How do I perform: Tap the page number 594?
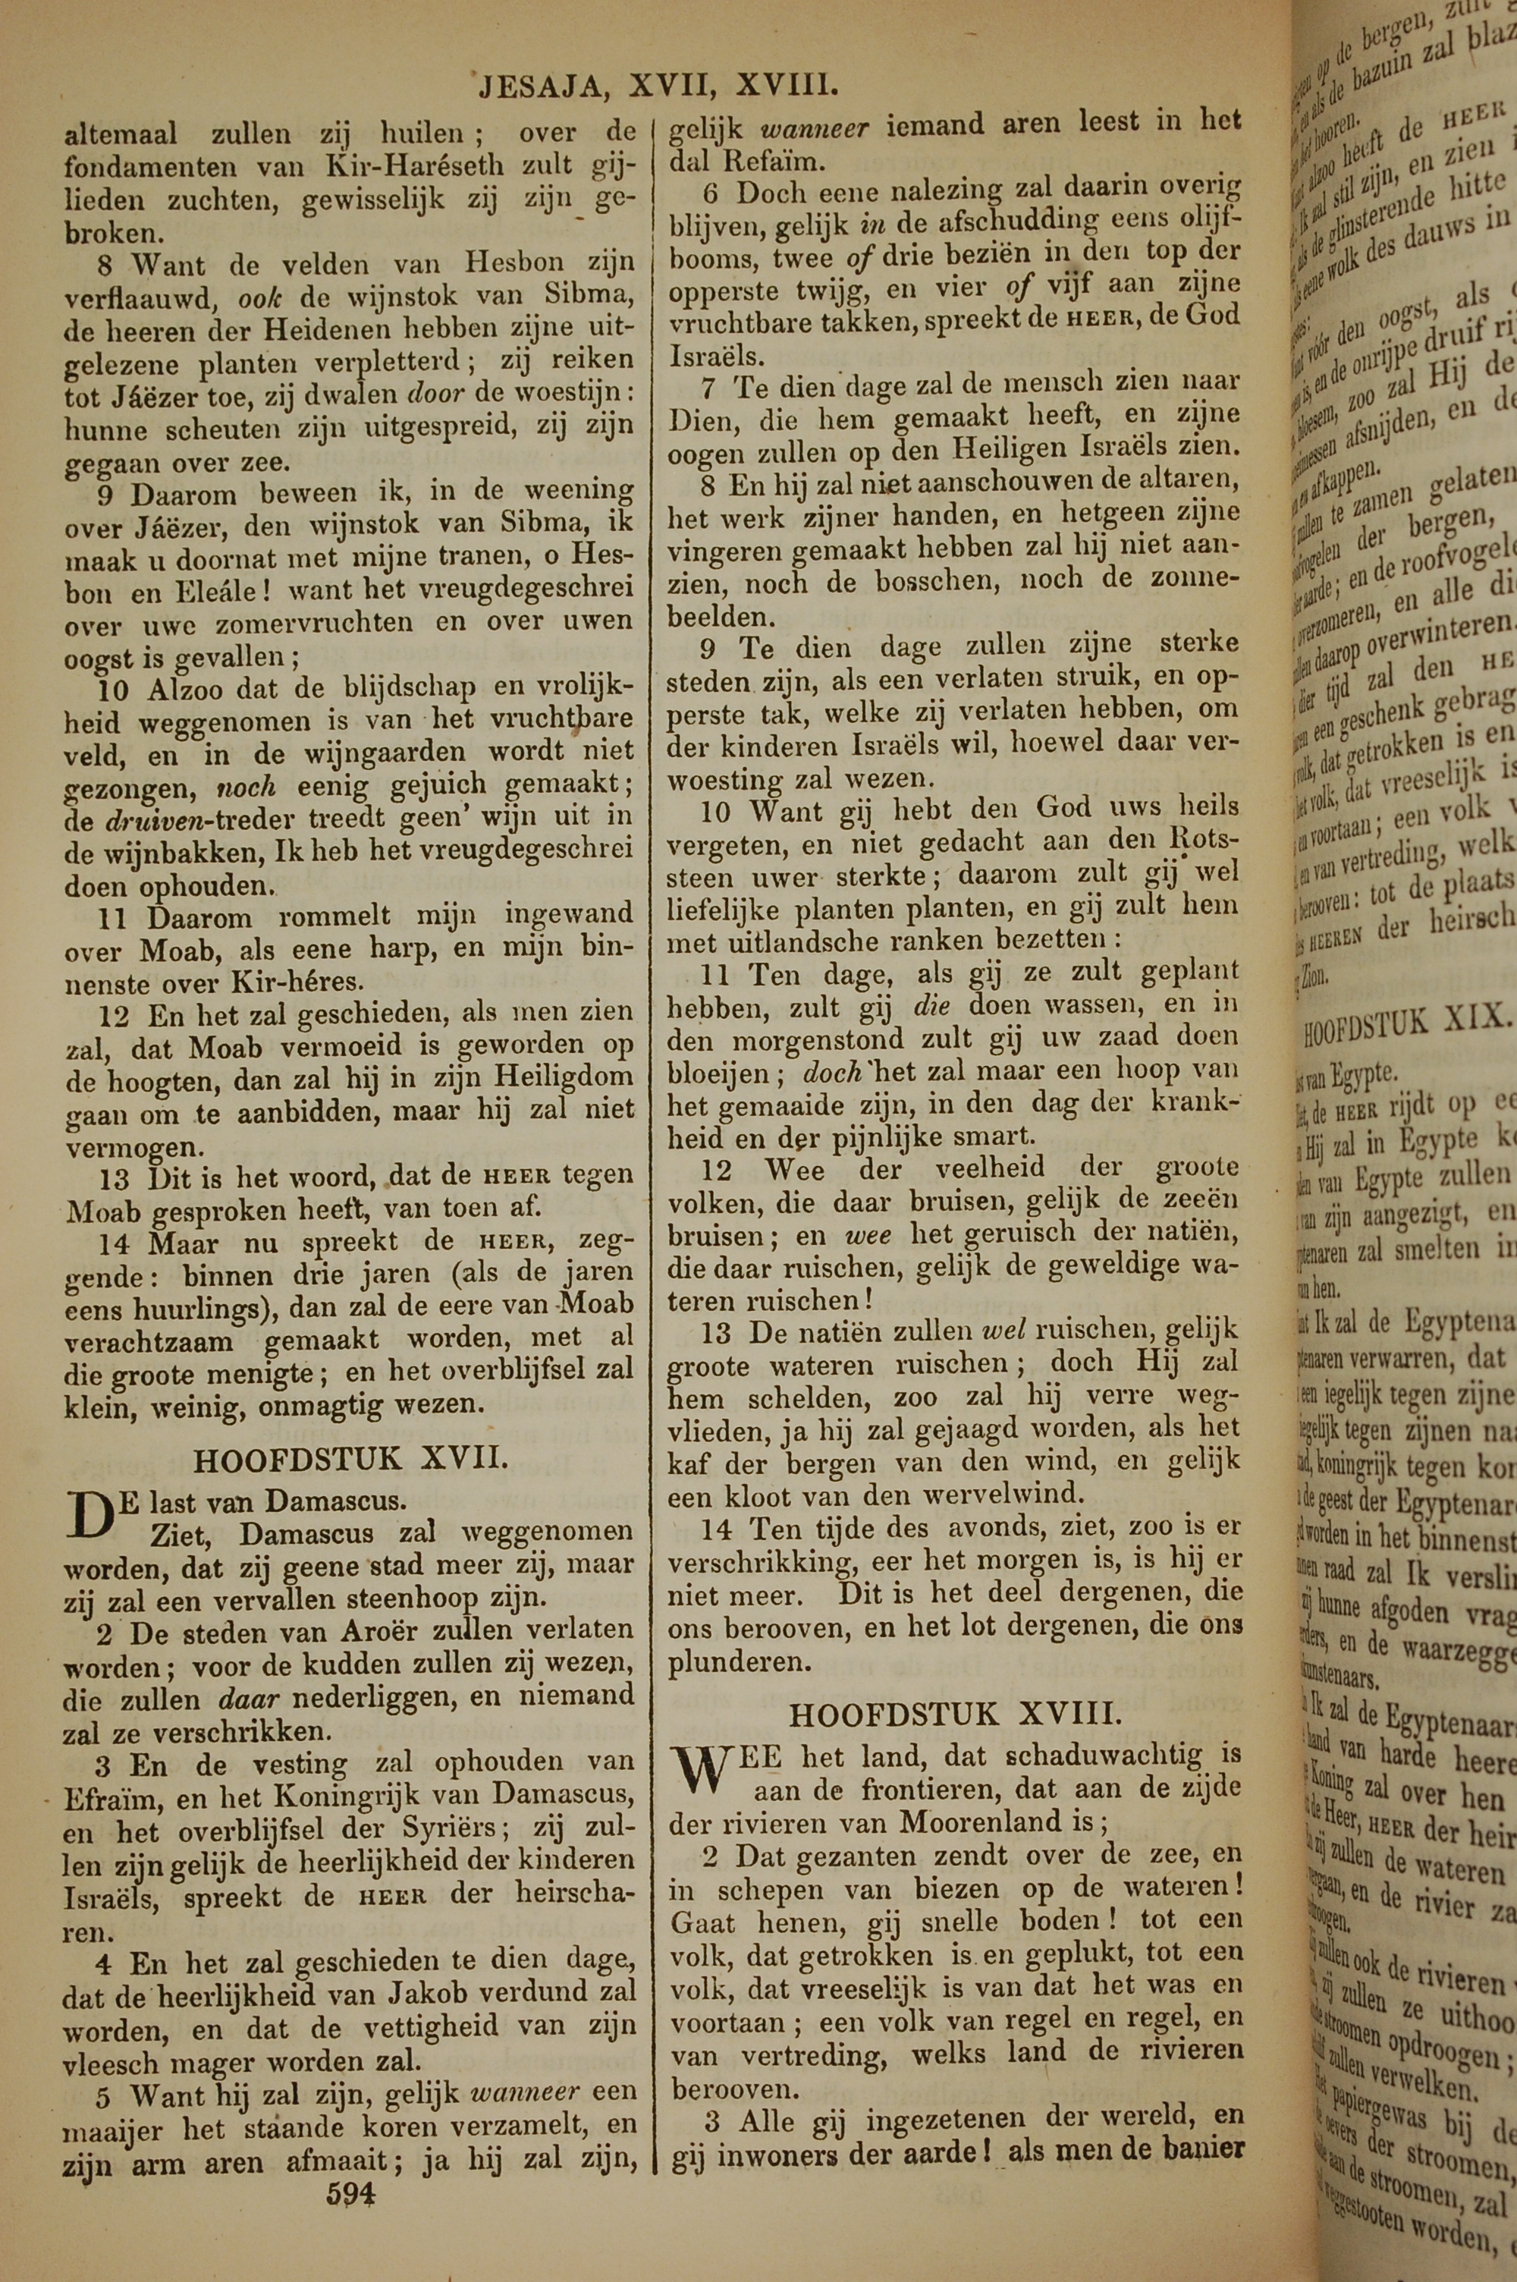351,2165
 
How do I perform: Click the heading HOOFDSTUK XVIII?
956,1715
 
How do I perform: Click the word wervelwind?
1003,1494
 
